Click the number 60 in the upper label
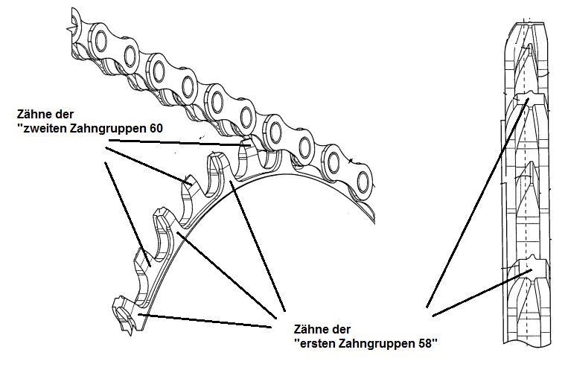coord(156,128)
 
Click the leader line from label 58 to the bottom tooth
coord(205,321)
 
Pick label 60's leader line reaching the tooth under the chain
coord(179,142)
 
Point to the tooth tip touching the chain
coord(247,141)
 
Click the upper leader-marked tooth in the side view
coord(528,100)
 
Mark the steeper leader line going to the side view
coord(477,202)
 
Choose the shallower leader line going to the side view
coord(482,293)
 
